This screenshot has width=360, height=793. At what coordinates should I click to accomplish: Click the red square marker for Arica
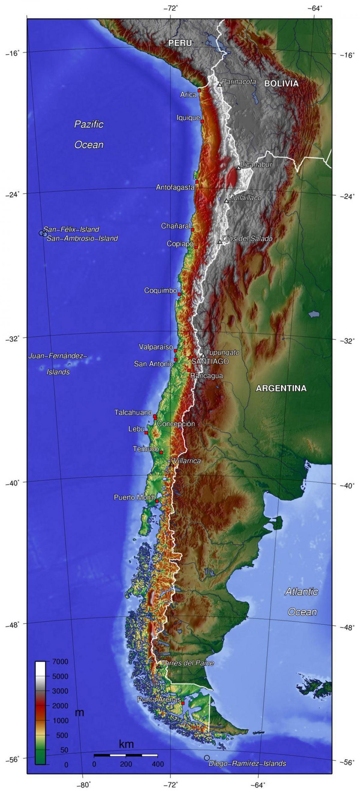click(199, 91)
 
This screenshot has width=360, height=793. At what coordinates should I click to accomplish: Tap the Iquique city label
click(188, 117)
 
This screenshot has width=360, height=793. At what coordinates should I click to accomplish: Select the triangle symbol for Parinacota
click(220, 84)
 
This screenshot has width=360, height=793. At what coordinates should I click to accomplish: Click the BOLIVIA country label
click(281, 83)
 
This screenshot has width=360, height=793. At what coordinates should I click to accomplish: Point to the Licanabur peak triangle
click(238, 168)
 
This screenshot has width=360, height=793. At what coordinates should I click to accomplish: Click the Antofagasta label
click(175, 187)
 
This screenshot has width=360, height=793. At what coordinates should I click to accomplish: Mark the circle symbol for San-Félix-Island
click(41, 233)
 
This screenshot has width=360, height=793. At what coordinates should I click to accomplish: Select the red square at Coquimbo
click(179, 294)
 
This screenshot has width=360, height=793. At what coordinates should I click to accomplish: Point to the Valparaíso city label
click(156, 347)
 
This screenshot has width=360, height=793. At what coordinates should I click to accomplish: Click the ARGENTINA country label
click(281, 388)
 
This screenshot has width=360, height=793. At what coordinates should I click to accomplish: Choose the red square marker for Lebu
click(146, 433)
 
